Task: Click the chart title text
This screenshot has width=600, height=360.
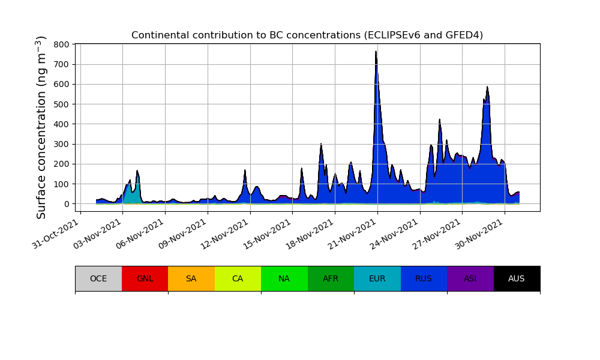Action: [x=307, y=35]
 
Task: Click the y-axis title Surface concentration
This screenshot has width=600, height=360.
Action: [x=41, y=127]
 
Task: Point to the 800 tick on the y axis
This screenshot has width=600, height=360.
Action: [x=61, y=44]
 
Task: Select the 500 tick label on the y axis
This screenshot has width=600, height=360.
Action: [x=61, y=104]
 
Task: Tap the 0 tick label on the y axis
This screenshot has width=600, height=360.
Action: [x=67, y=204]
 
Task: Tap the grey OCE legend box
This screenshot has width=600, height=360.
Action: [x=98, y=278]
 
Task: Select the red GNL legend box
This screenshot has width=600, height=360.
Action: [x=145, y=278]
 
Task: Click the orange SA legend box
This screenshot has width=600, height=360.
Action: [x=191, y=278]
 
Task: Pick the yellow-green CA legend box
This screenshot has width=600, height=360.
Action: [x=238, y=278]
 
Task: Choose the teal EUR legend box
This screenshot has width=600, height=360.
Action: [x=377, y=278]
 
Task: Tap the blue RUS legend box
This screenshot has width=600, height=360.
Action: [x=424, y=278]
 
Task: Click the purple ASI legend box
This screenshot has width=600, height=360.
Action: [x=470, y=278]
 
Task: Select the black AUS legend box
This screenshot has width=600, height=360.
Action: [x=517, y=278]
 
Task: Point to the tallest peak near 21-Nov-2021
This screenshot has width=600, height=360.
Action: [x=376, y=52]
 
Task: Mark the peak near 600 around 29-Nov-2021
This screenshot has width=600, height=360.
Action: [x=487, y=88]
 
